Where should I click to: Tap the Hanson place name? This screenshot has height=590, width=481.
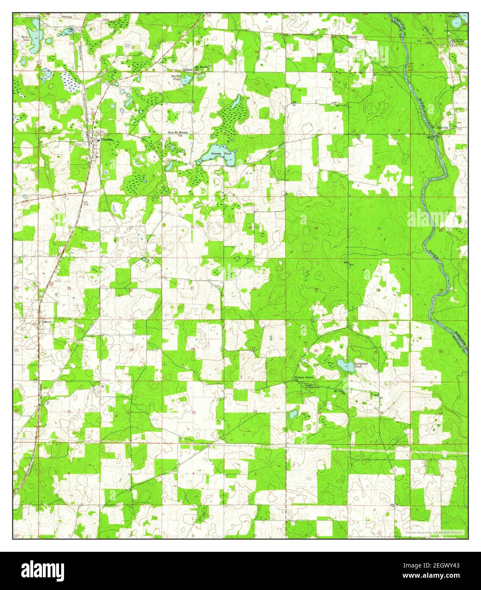pyautogui.click(x=47, y=322)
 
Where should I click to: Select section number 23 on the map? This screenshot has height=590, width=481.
pyautogui.click(x=316, y=289)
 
